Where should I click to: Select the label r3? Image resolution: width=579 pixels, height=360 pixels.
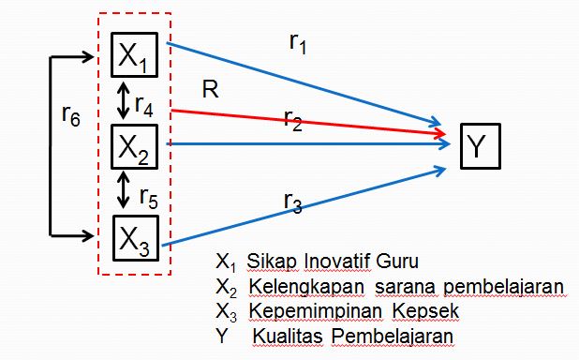coord(291,202)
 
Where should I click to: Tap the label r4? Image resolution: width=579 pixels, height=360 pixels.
coord(145,105)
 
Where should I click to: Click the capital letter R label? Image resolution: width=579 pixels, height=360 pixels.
coord(210,90)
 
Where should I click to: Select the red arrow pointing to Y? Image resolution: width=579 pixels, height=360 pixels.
coord(309,123)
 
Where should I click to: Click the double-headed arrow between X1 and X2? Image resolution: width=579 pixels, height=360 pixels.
coord(123,100)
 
